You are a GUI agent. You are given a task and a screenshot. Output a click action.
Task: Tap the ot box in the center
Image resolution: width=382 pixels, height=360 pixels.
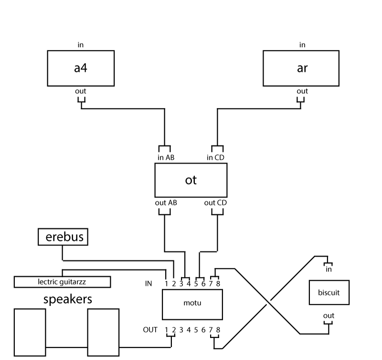tap(191, 180)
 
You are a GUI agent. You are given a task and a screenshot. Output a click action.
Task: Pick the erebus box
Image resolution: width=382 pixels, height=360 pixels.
tap(64, 237)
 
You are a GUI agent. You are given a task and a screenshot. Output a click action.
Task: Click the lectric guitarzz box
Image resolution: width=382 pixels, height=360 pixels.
tap(62, 282)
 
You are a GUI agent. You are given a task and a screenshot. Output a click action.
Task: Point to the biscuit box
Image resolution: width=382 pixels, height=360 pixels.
tap(329, 292)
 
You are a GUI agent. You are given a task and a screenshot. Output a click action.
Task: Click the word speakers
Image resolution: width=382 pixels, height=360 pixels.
tap(67, 300)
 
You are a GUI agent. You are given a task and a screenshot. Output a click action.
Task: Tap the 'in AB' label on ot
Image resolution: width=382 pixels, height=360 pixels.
tap(166, 158)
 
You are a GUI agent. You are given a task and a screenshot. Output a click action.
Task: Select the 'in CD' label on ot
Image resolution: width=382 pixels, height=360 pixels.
tap(216, 158)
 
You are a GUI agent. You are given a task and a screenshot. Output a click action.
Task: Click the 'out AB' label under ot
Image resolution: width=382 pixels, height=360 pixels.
tap(166, 202)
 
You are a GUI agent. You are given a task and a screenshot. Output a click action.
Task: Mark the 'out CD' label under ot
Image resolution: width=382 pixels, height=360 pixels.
tap(216, 202)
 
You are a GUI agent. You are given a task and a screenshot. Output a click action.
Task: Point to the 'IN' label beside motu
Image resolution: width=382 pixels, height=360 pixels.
tap(149, 284)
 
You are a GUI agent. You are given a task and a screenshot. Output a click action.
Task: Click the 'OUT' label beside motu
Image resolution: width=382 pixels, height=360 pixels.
tap(150, 329)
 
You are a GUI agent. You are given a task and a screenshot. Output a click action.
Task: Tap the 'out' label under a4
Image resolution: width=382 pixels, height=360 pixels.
tap(81, 91)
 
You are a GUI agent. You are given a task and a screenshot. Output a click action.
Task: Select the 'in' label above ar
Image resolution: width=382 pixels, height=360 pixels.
tap(302, 45)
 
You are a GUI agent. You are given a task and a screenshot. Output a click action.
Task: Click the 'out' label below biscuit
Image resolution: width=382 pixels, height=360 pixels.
tap(329, 316)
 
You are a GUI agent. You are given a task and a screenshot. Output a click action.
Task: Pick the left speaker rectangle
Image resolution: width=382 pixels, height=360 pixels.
tap(30, 332)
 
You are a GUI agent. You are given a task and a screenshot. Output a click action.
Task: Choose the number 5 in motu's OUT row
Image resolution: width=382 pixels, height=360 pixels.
tap(196, 329)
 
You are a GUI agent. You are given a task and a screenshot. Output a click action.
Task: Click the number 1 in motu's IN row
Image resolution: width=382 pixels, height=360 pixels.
tap(167, 284)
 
